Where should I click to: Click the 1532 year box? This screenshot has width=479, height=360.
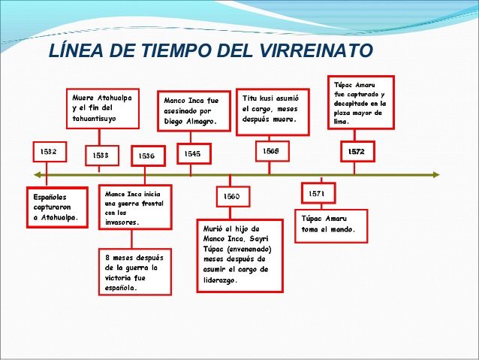point(50,152)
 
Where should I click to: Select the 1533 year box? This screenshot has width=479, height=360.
point(102,156)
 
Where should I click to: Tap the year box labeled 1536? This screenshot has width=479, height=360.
point(148,156)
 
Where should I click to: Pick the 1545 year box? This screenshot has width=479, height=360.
point(194,153)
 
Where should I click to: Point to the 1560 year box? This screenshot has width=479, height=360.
point(233,196)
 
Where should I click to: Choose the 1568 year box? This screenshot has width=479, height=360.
point(273,151)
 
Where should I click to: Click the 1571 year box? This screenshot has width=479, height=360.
point(318,193)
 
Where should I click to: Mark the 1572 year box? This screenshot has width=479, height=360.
point(357,151)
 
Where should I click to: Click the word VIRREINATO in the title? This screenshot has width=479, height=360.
point(317,50)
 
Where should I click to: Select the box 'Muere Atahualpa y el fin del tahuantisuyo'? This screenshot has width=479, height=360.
point(103,108)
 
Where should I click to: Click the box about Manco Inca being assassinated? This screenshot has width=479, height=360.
point(194,111)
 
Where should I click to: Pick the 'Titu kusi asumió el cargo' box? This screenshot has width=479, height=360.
point(273,112)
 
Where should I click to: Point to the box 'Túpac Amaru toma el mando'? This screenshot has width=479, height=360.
point(331,226)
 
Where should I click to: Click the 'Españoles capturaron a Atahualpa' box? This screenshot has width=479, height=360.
point(57,207)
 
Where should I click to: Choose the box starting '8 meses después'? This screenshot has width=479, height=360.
point(135,272)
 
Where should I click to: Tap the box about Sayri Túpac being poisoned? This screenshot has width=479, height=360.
point(240,256)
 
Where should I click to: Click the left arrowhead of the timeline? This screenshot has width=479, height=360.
point(38,175)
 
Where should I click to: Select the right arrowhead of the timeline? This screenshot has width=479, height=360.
point(436,175)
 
